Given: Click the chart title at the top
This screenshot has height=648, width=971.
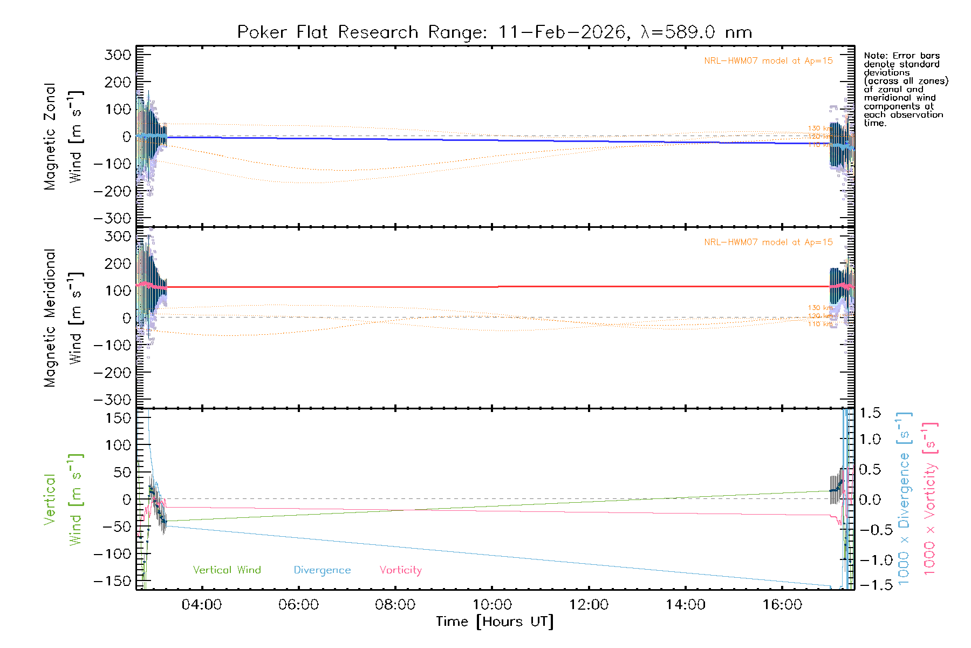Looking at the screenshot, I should coord(494,32).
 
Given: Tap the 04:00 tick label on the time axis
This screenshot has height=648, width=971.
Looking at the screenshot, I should coord(202,605).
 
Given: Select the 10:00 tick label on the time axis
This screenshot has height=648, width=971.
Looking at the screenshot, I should coord(492,605).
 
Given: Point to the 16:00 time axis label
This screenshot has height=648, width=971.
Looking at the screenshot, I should coord(782,605).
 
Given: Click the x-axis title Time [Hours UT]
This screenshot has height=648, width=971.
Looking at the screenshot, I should coord(494,622).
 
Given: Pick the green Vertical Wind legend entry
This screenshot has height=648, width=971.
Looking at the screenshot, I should coord(227,570).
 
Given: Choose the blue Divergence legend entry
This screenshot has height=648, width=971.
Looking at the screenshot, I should coord(322,570).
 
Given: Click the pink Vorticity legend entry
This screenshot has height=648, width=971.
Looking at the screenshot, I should coord(400,570).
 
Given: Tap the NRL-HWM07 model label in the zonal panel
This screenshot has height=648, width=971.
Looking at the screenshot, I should coord(768,61).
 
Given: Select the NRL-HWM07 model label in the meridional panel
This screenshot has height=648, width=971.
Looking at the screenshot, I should coord(768,242).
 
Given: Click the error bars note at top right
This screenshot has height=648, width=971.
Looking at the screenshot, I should coord(905,89).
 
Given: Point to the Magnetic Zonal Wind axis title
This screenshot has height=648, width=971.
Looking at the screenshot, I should coord(64,137).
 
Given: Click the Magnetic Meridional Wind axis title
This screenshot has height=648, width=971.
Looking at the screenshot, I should coord(64,318).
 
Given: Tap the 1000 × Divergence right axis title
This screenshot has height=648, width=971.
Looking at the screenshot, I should coord(904,498).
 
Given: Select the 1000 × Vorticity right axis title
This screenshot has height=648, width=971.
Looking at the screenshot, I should coord(929,498).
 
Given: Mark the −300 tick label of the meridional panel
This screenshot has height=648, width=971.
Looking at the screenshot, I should coord(113,400).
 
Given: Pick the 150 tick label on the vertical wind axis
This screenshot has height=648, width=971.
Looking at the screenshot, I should coord(118,418).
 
